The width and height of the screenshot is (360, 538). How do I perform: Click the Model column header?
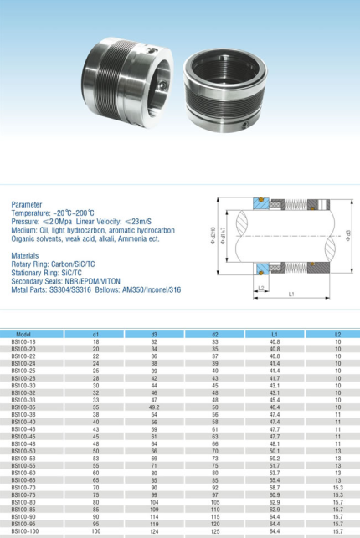[x=23, y=335]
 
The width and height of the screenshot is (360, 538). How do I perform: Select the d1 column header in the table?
[x=95, y=335]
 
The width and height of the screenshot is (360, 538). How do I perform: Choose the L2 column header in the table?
[x=337, y=335]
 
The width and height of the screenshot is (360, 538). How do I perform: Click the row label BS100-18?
[x=23, y=341]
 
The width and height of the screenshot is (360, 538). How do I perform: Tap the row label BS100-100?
[x=25, y=530]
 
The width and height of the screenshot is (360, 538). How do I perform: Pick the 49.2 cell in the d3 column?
[x=154, y=407]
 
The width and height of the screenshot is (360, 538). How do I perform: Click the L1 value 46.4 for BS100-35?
[x=275, y=407]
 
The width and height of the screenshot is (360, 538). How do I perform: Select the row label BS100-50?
[x=23, y=451]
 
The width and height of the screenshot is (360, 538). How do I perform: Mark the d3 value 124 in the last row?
[x=154, y=530]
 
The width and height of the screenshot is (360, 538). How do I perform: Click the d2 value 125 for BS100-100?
[x=215, y=530]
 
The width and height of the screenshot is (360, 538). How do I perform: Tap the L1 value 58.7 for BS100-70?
[x=275, y=487]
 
